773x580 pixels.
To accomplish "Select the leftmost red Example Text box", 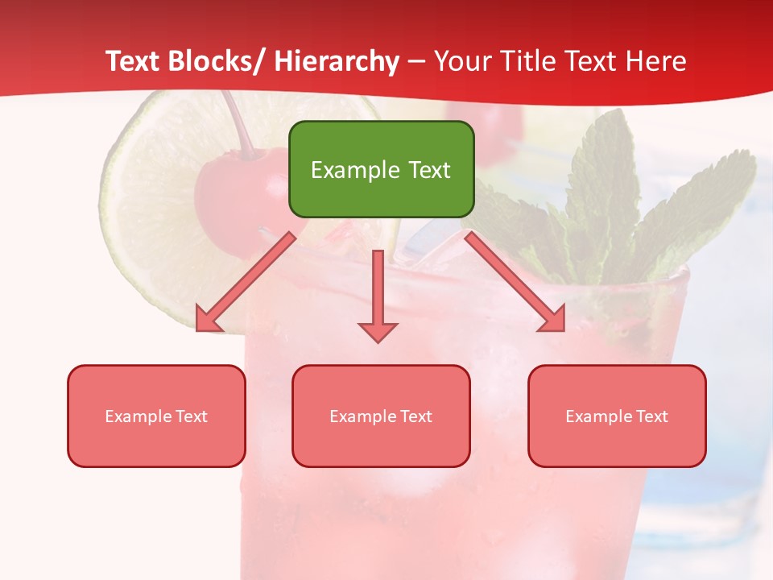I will pos(156,416).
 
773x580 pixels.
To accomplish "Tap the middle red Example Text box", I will pos(381,416).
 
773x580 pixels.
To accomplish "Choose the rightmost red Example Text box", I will pos(617,416).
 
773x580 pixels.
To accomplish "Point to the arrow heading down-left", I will pos(245,283).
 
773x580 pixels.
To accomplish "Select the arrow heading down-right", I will pos(516,282).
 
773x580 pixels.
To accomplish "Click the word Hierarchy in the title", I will pos(337,61).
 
